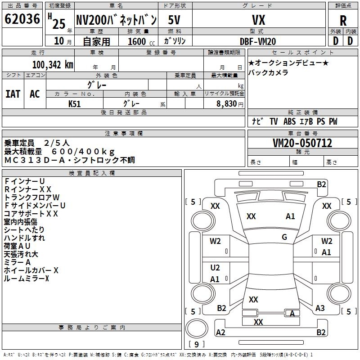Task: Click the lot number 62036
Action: click(x=22, y=19)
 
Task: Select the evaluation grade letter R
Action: click(x=343, y=21)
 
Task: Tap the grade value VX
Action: click(x=258, y=20)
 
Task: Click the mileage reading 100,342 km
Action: click(x=53, y=64)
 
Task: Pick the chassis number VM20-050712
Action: click(x=302, y=144)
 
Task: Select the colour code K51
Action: click(x=75, y=103)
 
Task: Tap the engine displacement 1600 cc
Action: click(x=138, y=41)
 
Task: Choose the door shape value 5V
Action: click(x=175, y=20)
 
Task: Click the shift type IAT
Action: click(x=13, y=94)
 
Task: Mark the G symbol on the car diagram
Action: click(x=284, y=237)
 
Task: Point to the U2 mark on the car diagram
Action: click(x=215, y=268)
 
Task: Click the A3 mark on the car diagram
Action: click(x=320, y=308)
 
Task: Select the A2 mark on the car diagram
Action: click(x=220, y=333)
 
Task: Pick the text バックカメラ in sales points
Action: click(x=268, y=72)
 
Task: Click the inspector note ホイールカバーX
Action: click(x=31, y=270)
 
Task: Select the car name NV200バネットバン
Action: click(x=116, y=20)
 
